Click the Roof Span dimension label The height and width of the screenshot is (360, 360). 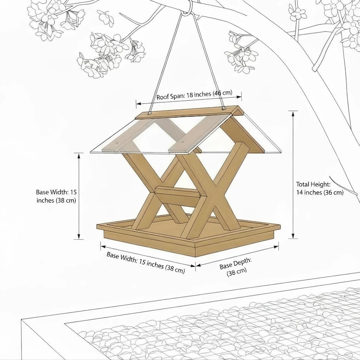(194, 95)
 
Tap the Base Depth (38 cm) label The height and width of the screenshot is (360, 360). (236, 267)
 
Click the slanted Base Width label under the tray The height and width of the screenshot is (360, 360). (146, 263)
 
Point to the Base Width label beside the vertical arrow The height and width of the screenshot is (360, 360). (56, 196)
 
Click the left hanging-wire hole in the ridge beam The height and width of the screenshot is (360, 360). (150, 113)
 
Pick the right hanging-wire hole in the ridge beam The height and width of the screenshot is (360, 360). (224, 108)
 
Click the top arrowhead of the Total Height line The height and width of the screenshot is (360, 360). (293, 113)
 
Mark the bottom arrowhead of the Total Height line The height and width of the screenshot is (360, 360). (293, 236)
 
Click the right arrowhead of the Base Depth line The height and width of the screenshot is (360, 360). (276, 247)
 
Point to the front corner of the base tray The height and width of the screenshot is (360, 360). (195, 257)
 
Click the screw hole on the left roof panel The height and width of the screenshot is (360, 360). (117, 143)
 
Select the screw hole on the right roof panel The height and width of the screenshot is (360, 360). (183, 142)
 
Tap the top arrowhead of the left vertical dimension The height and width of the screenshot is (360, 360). (79, 156)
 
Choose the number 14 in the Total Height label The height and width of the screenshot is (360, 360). (299, 192)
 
